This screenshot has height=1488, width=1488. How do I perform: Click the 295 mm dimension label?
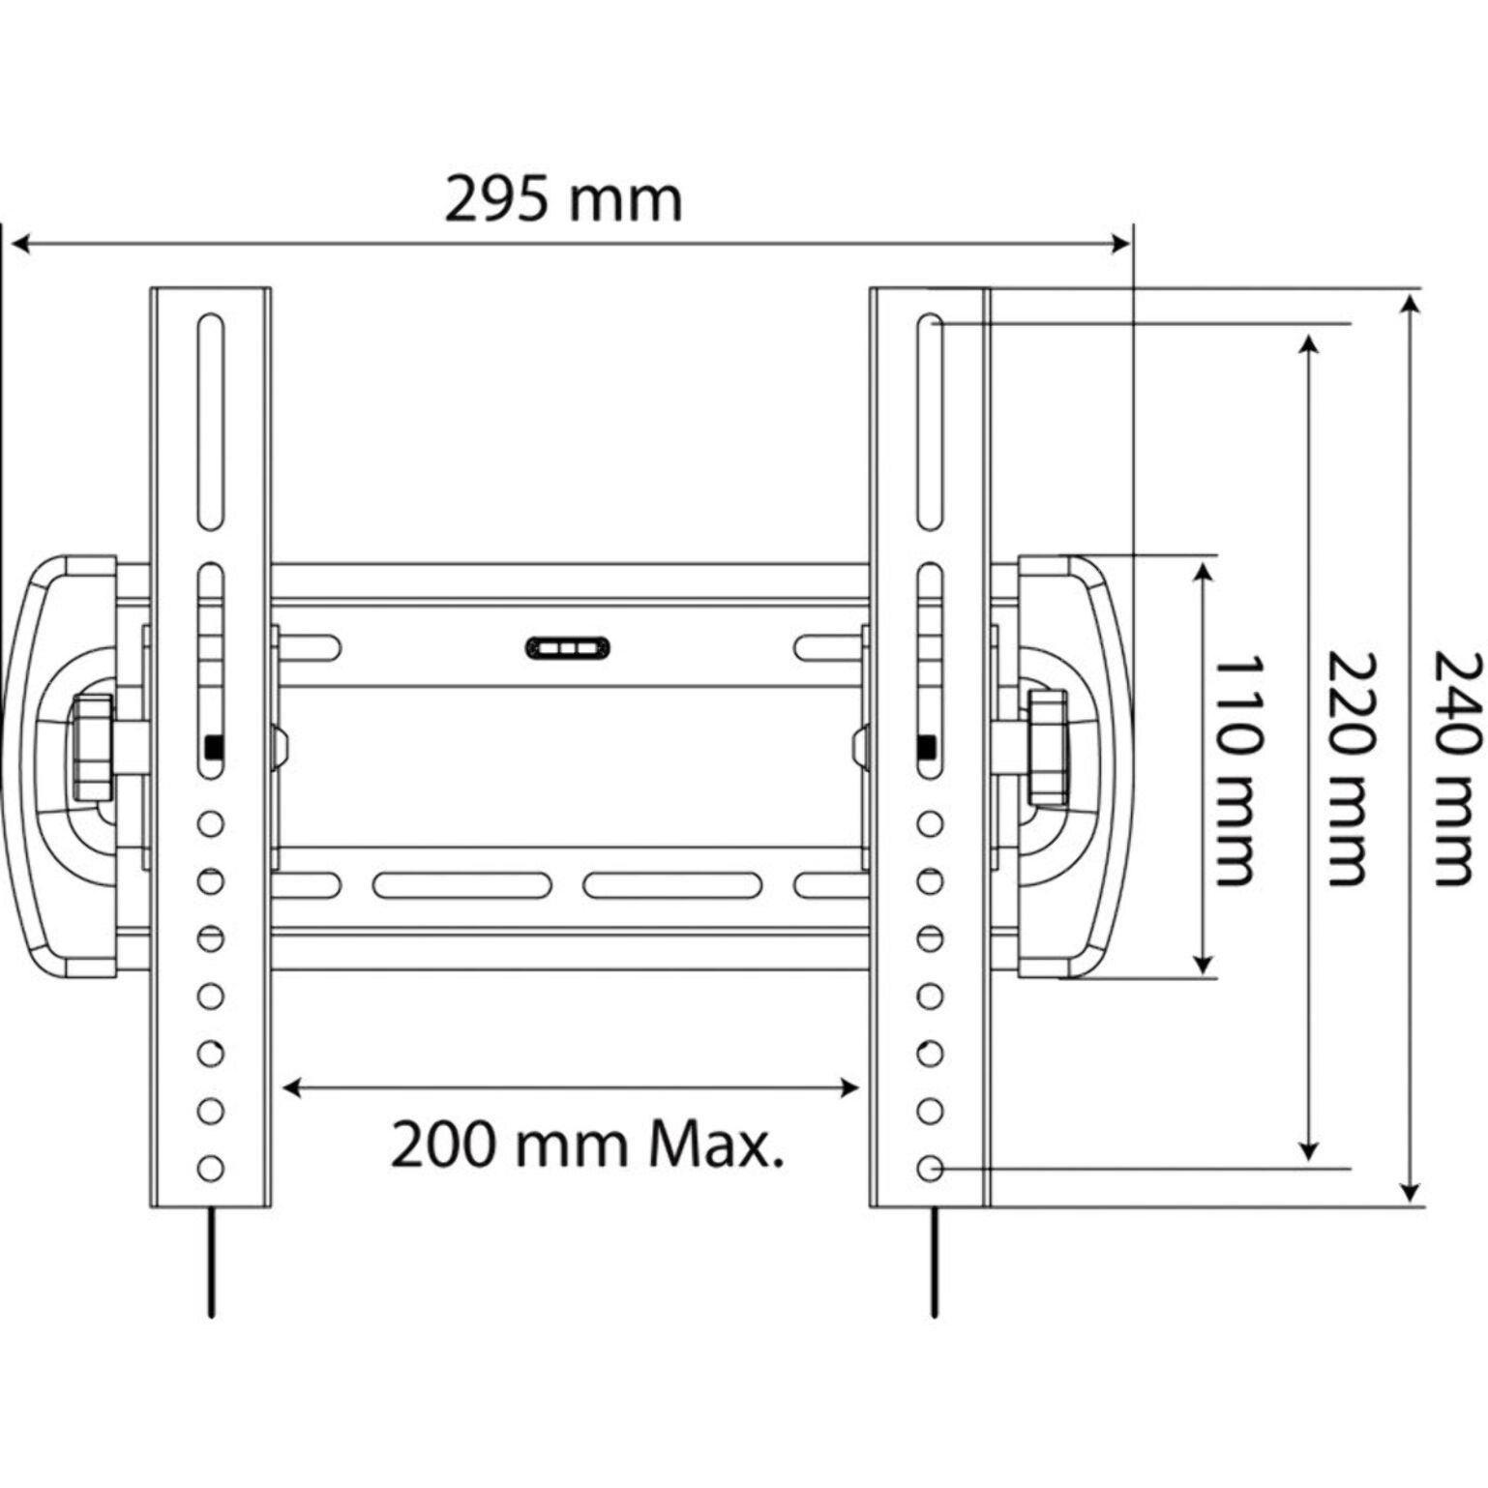563,200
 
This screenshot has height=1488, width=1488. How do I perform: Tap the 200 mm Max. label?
586,1146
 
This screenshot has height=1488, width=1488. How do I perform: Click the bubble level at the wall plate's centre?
568,647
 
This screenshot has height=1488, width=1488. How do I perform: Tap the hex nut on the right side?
1049,747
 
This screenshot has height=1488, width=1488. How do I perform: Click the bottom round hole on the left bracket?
211,1168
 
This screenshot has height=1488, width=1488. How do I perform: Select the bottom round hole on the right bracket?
930,1168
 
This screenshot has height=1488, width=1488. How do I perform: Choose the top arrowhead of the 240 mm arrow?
1411,306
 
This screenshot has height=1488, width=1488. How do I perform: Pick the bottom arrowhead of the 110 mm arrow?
1203,964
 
